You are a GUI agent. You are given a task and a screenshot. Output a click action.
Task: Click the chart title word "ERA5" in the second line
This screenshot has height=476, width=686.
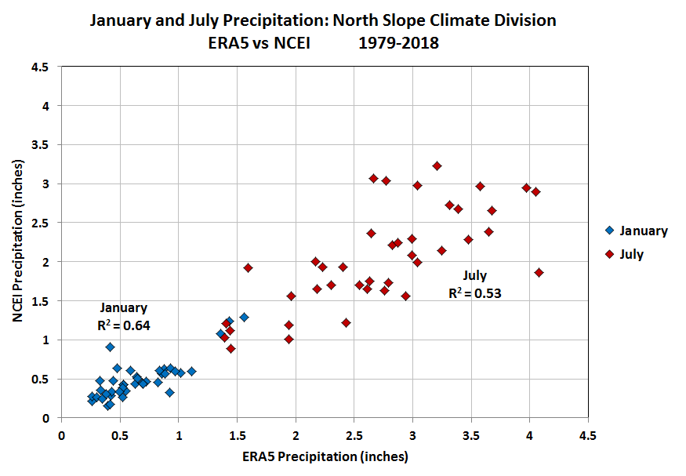click(223, 43)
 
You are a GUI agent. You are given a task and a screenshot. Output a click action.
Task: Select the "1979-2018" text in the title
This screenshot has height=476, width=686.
click(398, 43)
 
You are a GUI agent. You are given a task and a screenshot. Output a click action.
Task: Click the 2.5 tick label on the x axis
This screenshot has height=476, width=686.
click(354, 434)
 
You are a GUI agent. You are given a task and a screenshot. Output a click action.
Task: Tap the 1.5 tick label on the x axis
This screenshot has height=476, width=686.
click(237, 434)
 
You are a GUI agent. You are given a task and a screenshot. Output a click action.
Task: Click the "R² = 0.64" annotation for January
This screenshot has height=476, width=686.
click(122, 324)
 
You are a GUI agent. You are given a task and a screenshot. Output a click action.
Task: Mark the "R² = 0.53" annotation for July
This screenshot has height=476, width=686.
click(474, 293)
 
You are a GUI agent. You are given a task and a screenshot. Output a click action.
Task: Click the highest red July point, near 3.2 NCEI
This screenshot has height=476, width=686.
click(437, 165)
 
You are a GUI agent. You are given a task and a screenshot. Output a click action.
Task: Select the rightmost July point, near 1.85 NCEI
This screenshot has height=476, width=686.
click(539, 272)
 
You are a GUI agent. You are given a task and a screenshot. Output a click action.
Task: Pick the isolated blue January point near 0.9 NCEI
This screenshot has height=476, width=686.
click(110, 347)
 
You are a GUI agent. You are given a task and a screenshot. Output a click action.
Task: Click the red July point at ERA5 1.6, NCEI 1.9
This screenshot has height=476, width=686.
click(248, 267)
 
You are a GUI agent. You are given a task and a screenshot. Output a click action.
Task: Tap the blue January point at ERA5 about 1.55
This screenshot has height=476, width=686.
click(244, 317)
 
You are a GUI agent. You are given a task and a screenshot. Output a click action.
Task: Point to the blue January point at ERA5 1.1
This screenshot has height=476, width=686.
click(191, 371)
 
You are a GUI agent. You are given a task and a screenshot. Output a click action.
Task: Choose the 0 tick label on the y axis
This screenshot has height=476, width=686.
click(47, 418)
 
